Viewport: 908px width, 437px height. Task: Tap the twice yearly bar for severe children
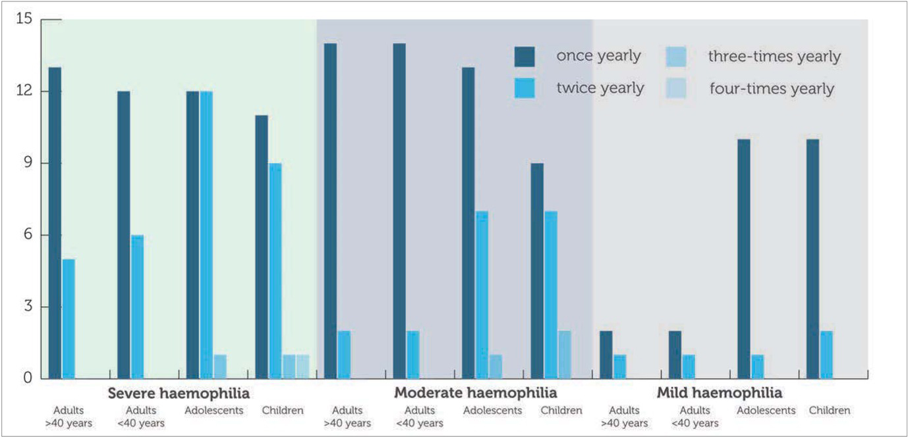pyautogui.click(x=275, y=270)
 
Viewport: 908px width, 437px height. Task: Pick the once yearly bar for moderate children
pyautogui.click(x=537, y=270)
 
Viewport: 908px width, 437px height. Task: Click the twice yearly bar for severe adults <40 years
pyautogui.click(x=137, y=306)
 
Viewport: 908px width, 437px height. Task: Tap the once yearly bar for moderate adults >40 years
pyautogui.click(x=330, y=211)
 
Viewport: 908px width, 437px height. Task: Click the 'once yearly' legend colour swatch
pyautogui.click(x=525, y=57)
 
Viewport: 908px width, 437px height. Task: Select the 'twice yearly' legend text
pyautogui.click(x=600, y=88)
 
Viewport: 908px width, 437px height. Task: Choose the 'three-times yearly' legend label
pyautogui.click(x=774, y=57)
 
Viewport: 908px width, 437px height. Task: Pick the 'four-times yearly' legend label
pyautogui.click(x=772, y=88)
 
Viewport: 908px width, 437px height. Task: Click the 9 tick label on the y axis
pyautogui.click(x=27, y=163)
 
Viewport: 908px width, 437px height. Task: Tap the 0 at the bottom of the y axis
pyautogui.click(x=27, y=378)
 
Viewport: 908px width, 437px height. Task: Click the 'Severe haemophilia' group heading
pyautogui.click(x=179, y=394)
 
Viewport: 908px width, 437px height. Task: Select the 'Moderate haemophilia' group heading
pyautogui.click(x=475, y=394)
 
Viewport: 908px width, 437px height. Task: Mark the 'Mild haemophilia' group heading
pyautogui.click(x=720, y=394)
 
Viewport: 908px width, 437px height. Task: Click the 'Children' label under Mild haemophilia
pyautogui.click(x=829, y=411)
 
